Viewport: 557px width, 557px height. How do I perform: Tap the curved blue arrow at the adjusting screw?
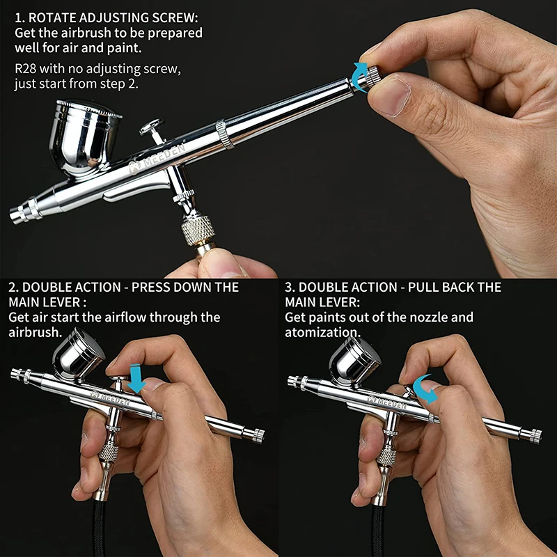click(359, 76)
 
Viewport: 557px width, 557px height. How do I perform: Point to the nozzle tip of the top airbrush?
click(16, 217)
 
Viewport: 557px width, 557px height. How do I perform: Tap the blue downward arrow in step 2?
click(137, 380)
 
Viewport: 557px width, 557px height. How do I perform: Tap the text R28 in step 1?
click(27, 70)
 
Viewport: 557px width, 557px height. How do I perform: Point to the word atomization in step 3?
click(322, 332)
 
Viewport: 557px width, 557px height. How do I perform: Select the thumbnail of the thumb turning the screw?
click(393, 96)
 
